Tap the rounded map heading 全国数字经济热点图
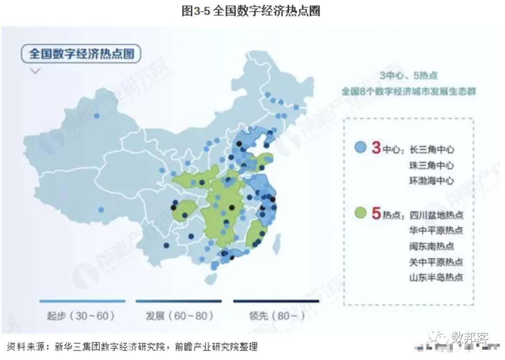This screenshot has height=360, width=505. point(81,53)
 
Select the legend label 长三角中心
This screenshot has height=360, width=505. point(432,150)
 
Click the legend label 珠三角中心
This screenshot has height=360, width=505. point(432,166)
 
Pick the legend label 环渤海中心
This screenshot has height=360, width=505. point(432,181)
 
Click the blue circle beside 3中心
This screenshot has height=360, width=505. point(360,148)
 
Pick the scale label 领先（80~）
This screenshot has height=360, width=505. point(277,316)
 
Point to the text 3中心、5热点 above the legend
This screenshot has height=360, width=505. point(408,76)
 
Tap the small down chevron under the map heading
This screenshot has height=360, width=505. point(35,71)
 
